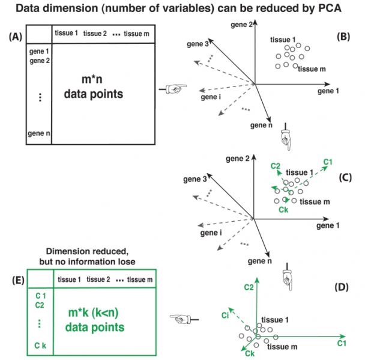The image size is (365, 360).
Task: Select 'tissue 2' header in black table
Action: click(x=94, y=33)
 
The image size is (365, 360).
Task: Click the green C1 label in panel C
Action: click(x=329, y=162)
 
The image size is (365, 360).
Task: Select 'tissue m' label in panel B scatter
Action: click(x=312, y=69)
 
